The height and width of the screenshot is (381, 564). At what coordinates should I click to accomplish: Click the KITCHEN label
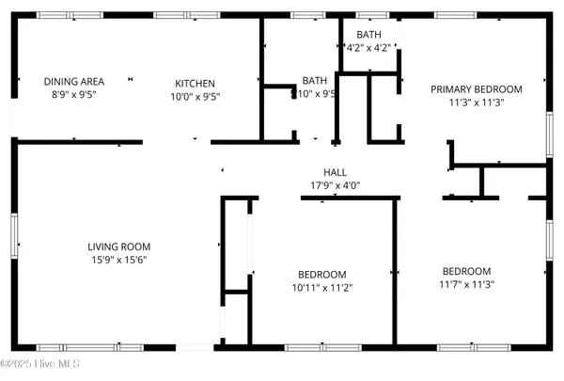pos(195,83)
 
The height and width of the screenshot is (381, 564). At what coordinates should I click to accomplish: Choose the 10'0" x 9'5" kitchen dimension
pos(195,95)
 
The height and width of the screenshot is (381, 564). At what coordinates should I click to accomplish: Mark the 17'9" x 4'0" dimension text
pos(336,185)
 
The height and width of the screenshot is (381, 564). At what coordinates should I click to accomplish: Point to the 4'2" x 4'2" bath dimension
pos(368,47)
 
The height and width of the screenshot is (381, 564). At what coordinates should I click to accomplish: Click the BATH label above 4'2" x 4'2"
pos(368,35)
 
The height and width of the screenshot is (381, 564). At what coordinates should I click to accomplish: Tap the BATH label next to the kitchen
pos(314,81)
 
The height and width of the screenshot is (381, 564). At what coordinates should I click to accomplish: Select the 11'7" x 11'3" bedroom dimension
pos(467,284)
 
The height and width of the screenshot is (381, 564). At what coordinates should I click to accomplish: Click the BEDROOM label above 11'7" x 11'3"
pos(467,271)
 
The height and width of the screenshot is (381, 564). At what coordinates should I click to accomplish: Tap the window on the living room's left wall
pos(14,234)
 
